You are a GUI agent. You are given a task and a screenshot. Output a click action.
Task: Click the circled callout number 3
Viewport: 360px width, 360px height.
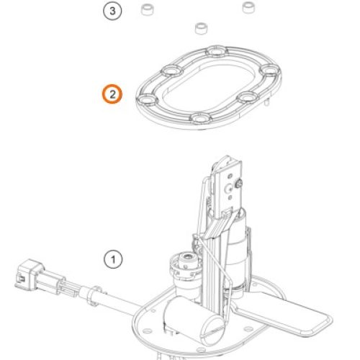coord(112,11)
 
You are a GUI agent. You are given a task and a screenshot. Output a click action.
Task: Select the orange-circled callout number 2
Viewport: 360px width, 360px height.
coord(112,94)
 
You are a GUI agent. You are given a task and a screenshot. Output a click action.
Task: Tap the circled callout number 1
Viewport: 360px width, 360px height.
coord(113,259)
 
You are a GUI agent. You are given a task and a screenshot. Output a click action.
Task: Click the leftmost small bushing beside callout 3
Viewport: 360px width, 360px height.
coord(147,9)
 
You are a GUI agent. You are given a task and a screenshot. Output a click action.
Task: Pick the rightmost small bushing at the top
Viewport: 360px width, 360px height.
coord(248,7)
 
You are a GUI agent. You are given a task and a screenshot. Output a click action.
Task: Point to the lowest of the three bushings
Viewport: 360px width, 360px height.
coord(202,28)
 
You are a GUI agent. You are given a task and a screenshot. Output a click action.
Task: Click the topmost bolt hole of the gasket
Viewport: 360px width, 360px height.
coord(217,51)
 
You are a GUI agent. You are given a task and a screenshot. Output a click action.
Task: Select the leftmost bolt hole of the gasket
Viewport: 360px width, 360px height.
coord(147,99)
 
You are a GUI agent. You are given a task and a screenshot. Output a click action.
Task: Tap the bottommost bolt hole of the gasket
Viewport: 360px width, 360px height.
coord(201,117)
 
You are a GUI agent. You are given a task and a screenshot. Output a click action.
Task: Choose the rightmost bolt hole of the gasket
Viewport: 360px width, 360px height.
coord(270,70)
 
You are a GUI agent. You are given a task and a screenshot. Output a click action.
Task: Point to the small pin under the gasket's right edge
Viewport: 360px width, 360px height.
coord(266,102)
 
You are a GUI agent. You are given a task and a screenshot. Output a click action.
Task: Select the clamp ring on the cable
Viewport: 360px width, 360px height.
coord(95,295)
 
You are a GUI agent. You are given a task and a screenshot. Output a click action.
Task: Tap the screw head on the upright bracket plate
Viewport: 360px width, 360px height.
coord(239,184)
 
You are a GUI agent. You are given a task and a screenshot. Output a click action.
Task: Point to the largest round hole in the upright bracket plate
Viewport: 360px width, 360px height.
coord(228,189)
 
